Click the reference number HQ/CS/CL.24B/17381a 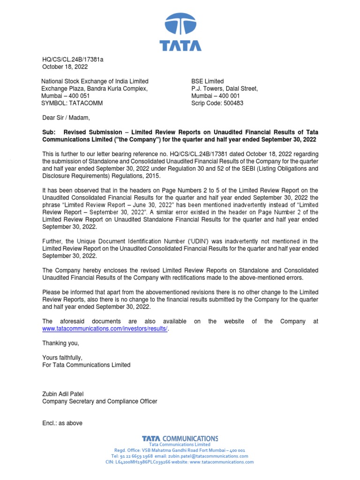(x=73, y=59)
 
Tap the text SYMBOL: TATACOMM (x=72, y=103)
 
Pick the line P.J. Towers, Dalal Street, (x=225, y=89)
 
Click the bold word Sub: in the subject (x=49, y=132)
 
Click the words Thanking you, (x=60, y=343)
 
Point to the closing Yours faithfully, (x=62, y=358)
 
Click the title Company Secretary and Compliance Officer (x=99, y=401)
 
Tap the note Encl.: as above (x=62, y=423)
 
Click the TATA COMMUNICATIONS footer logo (x=180, y=438)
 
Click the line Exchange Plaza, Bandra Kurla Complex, (x=95, y=89)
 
